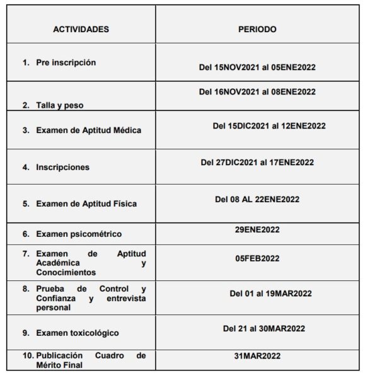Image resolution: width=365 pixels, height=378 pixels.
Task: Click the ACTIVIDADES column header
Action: (x=80, y=30)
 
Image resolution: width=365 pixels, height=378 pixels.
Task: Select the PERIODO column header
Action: (x=257, y=30)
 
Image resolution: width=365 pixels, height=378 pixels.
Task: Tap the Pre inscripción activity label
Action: (x=66, y=63)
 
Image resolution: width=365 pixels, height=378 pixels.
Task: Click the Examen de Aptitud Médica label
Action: (x=88, y=130)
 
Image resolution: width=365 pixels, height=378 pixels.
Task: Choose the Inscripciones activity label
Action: (x=62, y=168)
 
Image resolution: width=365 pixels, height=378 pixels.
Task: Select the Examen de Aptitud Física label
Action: (x=86, y=204)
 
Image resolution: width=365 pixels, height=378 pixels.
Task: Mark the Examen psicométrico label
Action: (x=79, y=234)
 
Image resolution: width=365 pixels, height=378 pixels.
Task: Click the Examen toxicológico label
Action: (x=77, y=333)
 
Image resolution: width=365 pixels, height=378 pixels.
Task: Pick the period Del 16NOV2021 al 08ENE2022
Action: (x=257, y=92)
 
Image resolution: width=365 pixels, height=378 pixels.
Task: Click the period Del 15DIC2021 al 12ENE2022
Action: (x=269, y=125)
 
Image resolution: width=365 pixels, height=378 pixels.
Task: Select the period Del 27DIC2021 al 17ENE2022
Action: (x=257, y=163)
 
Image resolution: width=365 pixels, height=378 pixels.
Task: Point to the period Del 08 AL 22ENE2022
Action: (x=257, y=199)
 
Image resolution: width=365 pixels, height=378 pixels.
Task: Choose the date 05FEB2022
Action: (x=257, y=258)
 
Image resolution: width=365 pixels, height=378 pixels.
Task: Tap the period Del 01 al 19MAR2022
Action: (x=270, y=293)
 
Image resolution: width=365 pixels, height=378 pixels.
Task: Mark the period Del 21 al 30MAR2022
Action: (x=264, y=328)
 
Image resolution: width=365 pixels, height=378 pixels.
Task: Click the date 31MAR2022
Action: (x=257, y=356)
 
